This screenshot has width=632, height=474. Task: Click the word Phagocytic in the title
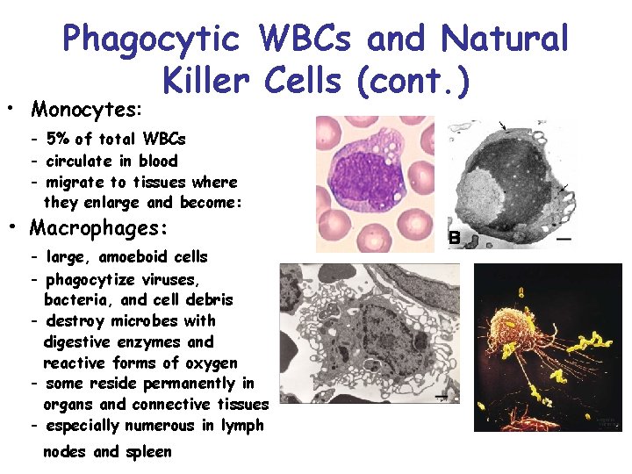pos(150,39)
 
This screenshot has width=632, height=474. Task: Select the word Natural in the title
pos(506,39)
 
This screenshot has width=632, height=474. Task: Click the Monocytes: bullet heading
pos(85,110)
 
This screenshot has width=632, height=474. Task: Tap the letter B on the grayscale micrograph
pos(455,237)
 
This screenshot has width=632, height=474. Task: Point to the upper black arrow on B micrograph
pos(502,128)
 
